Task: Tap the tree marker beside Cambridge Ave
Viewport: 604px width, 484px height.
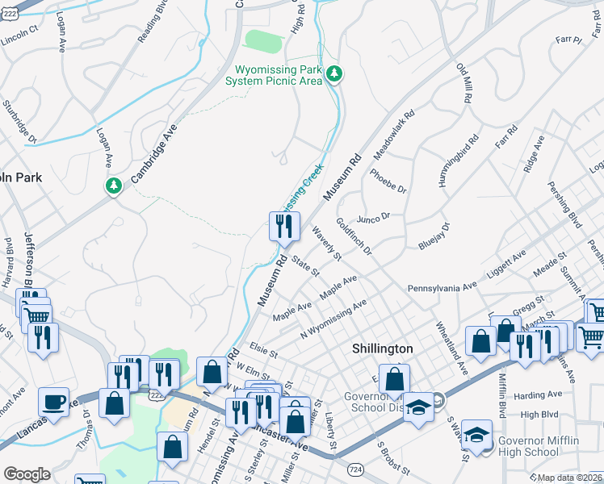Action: (x=114, y=186)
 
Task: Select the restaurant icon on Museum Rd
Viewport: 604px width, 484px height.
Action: (x=283, y=226)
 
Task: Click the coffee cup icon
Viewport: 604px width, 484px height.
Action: (x=54, y=402)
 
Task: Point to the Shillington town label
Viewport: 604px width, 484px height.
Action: (x=383, y=348)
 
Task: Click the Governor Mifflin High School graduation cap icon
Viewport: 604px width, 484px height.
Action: (x=477, y=436)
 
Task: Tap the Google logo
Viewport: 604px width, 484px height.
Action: (x=27, y=474)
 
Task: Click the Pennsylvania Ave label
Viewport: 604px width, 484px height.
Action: (x=442, y=286)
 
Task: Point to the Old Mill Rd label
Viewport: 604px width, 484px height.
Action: (x=463, y=83)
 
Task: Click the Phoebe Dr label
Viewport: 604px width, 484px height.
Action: (x=388, y=181)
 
